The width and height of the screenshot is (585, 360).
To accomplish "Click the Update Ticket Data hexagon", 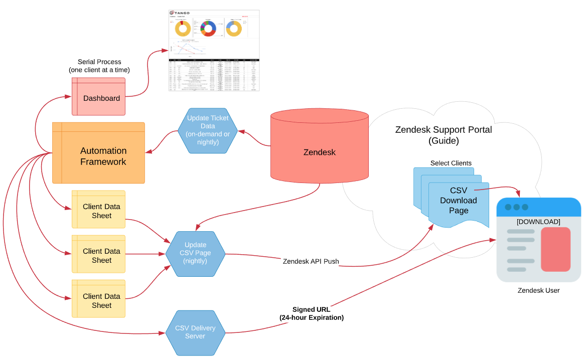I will (207, 131).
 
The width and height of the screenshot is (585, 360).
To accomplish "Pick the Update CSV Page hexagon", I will (195, 254).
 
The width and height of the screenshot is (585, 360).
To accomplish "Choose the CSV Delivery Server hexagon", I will (195, 332).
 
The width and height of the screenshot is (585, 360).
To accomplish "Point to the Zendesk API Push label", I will (311, 261).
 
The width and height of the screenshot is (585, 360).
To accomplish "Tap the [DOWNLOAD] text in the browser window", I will (538, 222).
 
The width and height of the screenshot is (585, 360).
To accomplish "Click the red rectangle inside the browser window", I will (555, 249).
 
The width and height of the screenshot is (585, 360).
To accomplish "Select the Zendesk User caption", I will (538, 290).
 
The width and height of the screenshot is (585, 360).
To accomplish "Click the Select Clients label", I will (451, 163).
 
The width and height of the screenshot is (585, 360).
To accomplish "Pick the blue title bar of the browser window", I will (538, 207).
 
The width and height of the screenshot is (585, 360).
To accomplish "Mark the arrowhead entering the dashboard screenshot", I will (166, 50).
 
